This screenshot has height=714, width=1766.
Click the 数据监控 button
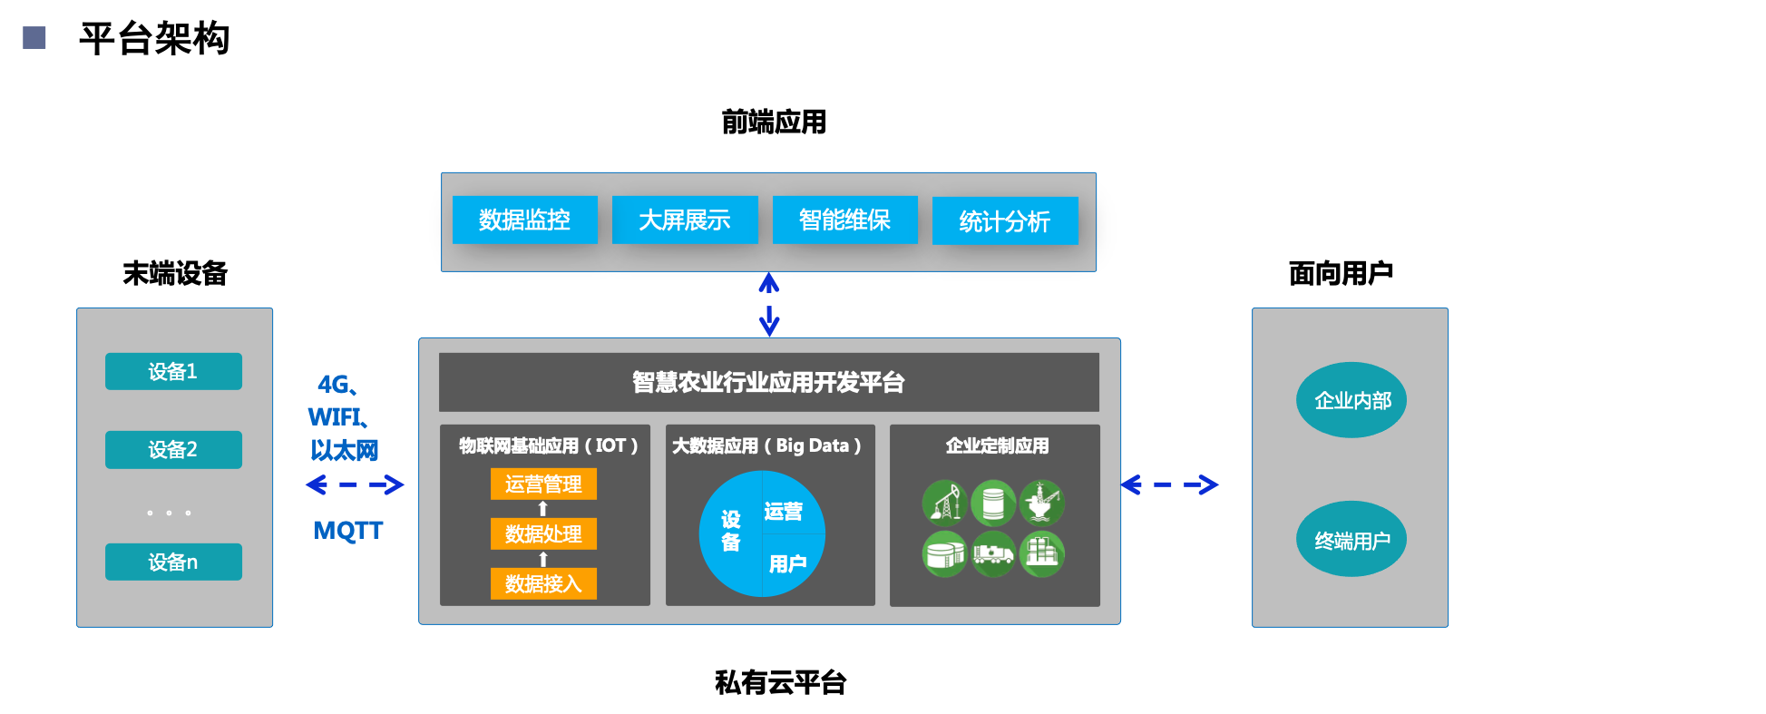524,220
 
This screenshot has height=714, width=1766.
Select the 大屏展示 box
685,220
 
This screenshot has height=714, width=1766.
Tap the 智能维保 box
844,220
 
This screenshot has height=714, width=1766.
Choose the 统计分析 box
1005,221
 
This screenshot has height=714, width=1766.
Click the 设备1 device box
173,371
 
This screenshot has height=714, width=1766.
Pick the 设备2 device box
173,449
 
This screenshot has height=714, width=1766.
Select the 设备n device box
173,562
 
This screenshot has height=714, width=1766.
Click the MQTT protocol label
347,530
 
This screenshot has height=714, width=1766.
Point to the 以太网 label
345,450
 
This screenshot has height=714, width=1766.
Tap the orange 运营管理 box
543,484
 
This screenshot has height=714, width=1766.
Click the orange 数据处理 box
543,533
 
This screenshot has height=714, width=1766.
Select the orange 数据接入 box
543,583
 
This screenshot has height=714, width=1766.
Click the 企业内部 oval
1351,400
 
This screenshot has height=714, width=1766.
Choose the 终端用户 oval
1351,540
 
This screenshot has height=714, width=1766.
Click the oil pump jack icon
944,503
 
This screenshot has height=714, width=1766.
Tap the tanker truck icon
993,553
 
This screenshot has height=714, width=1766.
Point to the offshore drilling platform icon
1041,503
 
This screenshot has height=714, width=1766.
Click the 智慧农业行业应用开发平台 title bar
768,382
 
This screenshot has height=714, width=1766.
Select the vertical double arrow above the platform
769,304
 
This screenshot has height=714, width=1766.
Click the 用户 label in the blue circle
787,564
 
